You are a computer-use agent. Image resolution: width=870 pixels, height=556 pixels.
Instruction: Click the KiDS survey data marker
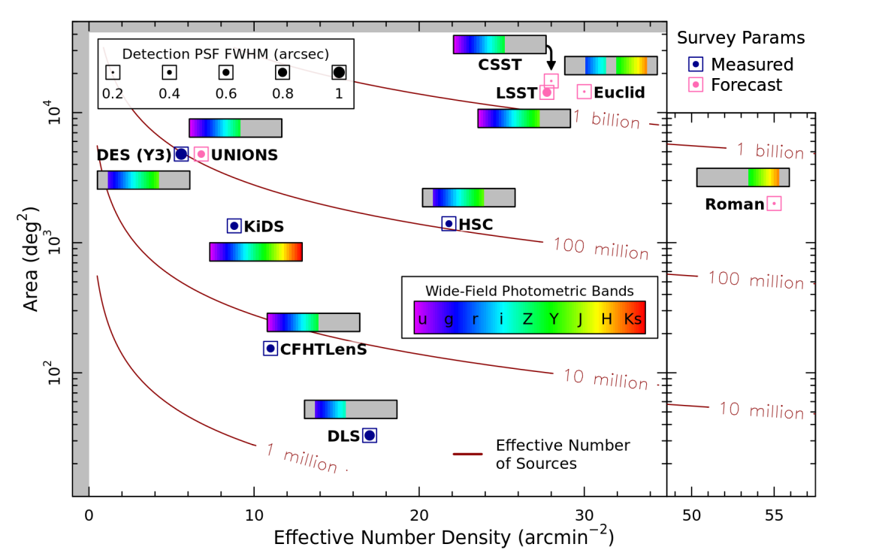pyautogui.click(x=234, y=226)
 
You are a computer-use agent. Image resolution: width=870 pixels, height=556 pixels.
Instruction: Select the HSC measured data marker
pyautogui.click(x=449, y=223)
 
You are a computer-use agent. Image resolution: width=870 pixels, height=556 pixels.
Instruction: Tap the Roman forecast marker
pyautogui.click(x=774, y=204)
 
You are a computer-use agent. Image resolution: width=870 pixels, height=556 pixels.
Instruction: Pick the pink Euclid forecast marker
pyautogui.click(x=584, y=92)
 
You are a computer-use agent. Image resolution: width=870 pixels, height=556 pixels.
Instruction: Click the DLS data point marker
pyautogui.click(x=369, y=435)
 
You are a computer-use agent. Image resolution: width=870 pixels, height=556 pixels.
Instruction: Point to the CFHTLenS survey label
pyautogui.click(x=323, y=349)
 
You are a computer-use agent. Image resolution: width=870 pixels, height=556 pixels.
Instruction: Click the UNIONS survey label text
pyautogui.click(x=245, y=156)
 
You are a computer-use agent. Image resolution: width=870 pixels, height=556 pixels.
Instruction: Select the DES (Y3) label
pyautogui.click(x=134, y=156)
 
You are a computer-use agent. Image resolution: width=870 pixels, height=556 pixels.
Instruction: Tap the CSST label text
pyautogui.click(x=500, y=65)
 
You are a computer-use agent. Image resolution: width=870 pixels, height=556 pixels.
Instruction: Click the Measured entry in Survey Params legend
pyautogui.click(x=742, y=65)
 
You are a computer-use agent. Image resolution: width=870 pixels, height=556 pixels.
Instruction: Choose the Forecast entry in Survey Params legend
pyautogui.click(x=737, y=85)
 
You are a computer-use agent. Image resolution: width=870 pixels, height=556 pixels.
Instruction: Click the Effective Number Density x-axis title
pyautogui.click(x=443, y=538)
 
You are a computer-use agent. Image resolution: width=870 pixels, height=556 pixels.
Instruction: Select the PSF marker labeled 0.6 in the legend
pyautogui.click(x=225, y=72)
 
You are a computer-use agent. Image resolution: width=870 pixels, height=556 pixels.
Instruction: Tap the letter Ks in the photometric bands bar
pyautogui.click(x=633, y=319)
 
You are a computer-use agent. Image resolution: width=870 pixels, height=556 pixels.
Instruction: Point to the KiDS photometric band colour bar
pyautogui.click(x=255, y=252)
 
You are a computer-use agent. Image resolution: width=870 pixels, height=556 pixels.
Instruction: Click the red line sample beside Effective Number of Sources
pyautogui.click(x=467, y=454)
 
